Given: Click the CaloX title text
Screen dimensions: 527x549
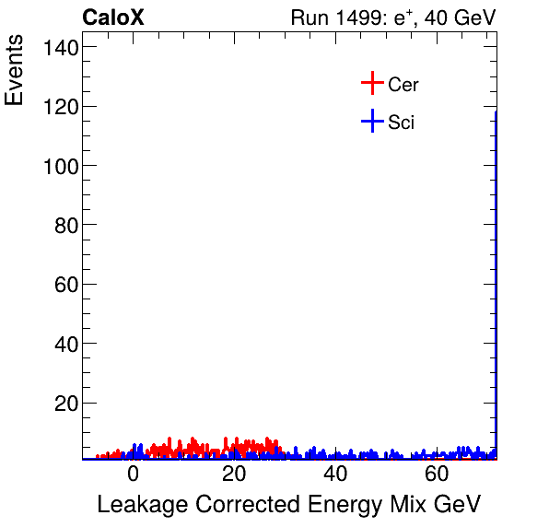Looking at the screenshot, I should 113,18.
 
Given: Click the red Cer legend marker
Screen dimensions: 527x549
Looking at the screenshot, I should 371,84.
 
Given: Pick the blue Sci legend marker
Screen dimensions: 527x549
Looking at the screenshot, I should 371,122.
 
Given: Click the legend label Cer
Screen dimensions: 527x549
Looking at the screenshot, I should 403,85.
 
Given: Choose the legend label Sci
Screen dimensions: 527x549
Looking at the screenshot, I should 401,123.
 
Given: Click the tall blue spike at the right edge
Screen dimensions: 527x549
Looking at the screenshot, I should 496,276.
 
